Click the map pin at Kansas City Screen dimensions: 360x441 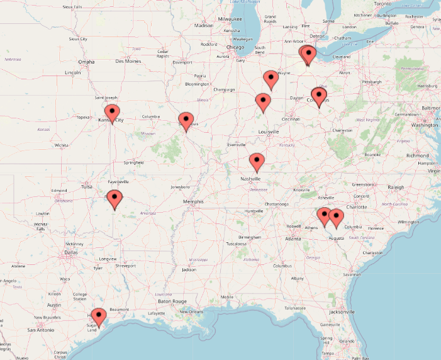click(111, 113)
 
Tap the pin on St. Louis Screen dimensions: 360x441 click(186, 120)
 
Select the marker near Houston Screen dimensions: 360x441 click(98, 315)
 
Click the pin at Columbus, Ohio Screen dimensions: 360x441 click(319, 97)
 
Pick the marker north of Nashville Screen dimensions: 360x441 click(257, 161)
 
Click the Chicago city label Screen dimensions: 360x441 click(235, 47)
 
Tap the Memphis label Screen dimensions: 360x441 click(193, 201)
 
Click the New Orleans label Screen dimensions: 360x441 click(193, 312)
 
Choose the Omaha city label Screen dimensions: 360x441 click(86, 62)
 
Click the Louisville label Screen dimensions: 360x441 click(269, 132)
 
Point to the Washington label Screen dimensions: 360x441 click(424, 125)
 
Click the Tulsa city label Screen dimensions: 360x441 click(87, 186)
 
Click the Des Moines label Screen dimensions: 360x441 click(128, 61)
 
